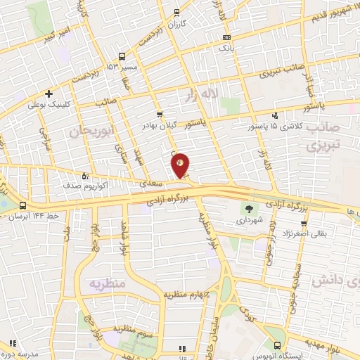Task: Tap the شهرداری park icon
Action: (x=247, y=209)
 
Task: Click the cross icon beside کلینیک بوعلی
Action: (x=49, y=94)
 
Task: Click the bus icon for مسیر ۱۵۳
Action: (x=122, y=56)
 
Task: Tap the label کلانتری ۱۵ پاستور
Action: (x=274, y=127)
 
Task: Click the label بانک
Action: (x=226, y=48)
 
